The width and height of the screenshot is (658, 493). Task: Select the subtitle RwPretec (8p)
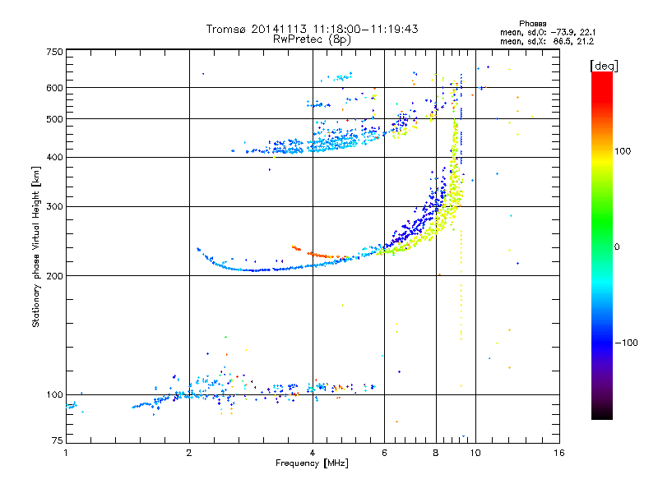tap(312, 39)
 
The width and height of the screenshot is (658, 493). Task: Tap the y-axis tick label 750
tap(54, 52)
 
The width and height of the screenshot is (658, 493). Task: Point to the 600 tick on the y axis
tap(54, 88)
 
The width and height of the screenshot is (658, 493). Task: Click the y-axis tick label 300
tap(54, 207)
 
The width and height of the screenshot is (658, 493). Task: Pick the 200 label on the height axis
tap(54, 276)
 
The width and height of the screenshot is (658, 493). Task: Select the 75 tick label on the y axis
tap(58, 440)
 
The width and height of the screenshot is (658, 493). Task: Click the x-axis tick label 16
tap(559, 453)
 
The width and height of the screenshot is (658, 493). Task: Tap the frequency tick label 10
tap(475, 453)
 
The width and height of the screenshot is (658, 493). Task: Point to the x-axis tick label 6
tap(384, 453)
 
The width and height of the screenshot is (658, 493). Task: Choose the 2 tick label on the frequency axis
tap(189, 453)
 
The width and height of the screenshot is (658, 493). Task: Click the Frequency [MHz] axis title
tap(312, 463)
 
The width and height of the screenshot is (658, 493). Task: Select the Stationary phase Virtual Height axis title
tap(36, 247)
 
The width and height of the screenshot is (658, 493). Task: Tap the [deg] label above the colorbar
tap(604, 66)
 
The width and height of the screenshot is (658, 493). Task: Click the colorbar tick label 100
tap(623, 151)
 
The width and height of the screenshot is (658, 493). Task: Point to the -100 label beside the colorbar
tap(626, 343)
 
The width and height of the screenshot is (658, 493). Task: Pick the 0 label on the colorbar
tap(617, 247)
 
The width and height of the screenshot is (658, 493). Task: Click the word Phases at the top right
tap(532, 24)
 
